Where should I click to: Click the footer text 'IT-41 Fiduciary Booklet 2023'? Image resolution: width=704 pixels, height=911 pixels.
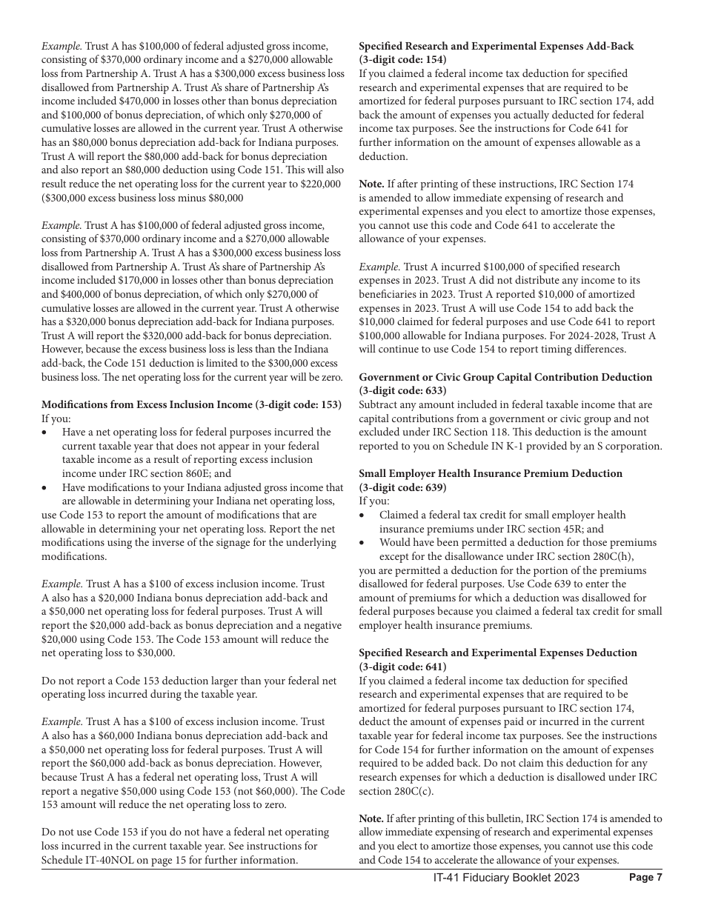pos(506,878)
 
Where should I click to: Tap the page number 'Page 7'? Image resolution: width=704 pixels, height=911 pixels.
pos(645,878)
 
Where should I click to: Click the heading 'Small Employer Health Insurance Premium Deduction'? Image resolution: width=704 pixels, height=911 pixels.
pos(491,473)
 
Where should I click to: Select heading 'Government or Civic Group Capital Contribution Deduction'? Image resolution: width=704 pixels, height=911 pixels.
pos(505,377)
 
